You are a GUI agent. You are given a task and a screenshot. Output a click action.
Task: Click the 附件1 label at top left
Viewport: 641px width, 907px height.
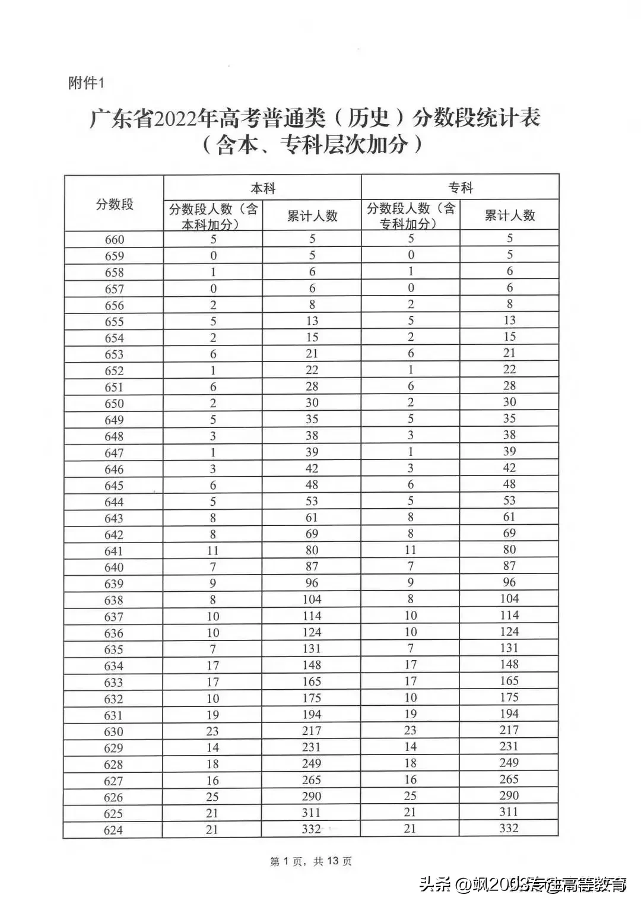coord(86,83)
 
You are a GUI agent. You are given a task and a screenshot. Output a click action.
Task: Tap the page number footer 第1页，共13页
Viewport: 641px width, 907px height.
coord(311,861)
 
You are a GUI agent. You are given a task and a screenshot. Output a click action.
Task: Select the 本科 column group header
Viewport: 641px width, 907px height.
coord(263,188)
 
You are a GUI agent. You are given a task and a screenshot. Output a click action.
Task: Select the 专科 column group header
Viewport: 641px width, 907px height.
coord(461,188)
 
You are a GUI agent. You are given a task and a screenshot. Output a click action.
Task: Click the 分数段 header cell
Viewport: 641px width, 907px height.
coord(115,204)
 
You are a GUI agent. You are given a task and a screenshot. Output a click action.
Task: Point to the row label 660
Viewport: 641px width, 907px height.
coord(115,240)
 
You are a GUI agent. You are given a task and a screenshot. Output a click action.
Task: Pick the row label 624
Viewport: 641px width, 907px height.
coord(113,830)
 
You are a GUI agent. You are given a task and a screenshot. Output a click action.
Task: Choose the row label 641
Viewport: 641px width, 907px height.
coord(114,551)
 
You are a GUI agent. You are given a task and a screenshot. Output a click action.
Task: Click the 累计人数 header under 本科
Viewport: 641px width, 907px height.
coord(312,215)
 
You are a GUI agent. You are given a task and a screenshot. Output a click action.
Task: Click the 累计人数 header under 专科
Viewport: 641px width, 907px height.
coord(510,215)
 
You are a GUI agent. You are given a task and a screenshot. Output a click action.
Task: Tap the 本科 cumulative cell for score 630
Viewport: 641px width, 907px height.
coord(312,731)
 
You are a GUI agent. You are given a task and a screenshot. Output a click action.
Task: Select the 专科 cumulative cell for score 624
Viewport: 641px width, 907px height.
coord(509,828)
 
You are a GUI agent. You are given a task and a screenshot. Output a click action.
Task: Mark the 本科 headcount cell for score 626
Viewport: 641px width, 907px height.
coord(212,797)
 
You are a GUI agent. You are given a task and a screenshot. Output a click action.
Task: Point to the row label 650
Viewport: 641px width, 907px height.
coord(114,404)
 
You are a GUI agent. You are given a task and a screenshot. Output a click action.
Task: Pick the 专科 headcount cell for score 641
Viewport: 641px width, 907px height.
coord(410,550)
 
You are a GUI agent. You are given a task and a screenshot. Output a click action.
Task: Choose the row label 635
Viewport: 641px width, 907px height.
coord(114,649)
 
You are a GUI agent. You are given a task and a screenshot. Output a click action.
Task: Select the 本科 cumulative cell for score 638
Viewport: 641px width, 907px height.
coord(312,600)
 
